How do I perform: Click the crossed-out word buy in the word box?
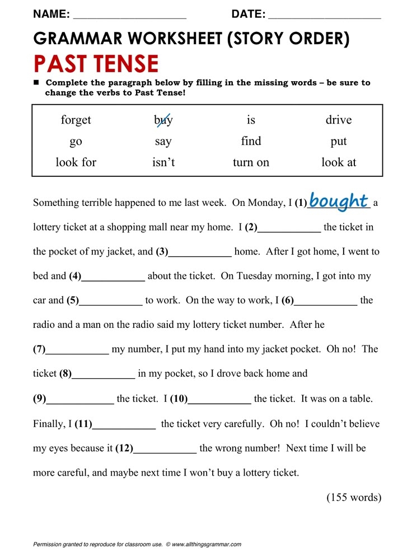(163, 120)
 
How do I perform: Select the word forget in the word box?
(76, 120)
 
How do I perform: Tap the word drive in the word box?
(339, 120)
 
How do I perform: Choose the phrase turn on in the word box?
(251, 163)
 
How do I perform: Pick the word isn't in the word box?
(163, 163)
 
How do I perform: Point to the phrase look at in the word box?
(339, 163)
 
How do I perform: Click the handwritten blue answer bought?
(338, 201)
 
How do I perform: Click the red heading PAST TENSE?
(96, 64)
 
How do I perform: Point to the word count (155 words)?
(354, 498)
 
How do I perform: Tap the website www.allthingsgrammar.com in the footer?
(207, 544)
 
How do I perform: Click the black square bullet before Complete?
(37, 83)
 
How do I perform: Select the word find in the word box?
(251, 141)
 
